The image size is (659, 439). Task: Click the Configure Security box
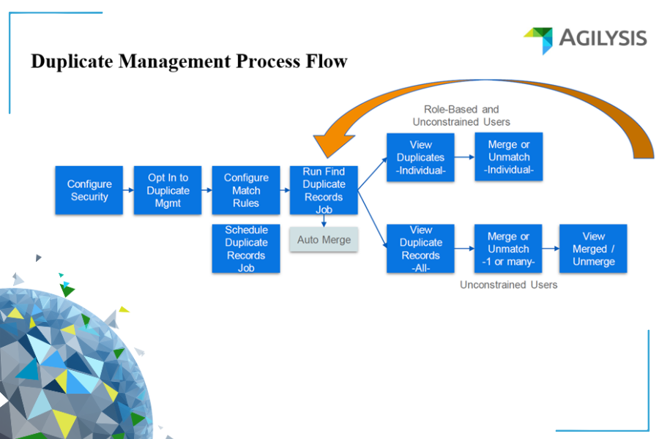coord(89,190)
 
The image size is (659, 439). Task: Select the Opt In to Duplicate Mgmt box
coord(168,190)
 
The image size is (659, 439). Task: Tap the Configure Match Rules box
coord(246,190)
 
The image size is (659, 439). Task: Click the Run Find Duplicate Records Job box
coord(324,190)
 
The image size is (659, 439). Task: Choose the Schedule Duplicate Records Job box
coord(246,249)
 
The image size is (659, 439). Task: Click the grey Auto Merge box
coord(324,240)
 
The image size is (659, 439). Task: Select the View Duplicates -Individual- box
coord(421,157)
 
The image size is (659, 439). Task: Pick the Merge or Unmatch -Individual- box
coord(509,157)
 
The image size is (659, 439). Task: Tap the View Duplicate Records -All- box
coord(421,249)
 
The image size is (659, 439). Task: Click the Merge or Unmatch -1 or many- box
coord(509,249)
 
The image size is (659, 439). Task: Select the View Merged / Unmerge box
coord(593,249)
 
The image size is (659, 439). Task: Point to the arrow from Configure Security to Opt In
coord(129,190)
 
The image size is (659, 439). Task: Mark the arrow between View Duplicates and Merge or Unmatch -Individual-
coord(465,157)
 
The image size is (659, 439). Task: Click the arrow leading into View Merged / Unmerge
coord(551,249)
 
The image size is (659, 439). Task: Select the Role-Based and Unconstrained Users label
coord(461,116)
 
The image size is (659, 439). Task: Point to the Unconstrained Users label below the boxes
coord(508,285)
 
